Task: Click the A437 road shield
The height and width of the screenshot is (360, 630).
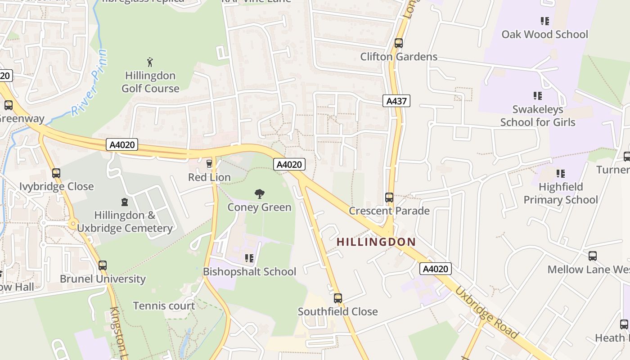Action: tap(396, 101)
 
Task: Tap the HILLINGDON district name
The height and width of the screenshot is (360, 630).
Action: tap(376, 242)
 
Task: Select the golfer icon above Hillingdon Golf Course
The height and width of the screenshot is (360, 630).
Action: tap(150, 62)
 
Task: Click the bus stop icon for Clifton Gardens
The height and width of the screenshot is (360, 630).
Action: tap(398, 43)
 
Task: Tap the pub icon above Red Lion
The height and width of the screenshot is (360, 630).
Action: tap(209, 163)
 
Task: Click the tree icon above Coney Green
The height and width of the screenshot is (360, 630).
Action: tap(259, 194)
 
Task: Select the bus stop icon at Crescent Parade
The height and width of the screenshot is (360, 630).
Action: tap(389, 198)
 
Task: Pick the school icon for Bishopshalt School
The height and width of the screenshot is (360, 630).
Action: tap(249, 258)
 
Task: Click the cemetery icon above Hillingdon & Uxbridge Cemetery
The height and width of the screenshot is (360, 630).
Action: tap(125, 202)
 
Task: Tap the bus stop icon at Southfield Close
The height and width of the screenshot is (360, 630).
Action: tap(338, 298)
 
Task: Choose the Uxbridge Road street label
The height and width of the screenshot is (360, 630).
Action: tap(486, 312)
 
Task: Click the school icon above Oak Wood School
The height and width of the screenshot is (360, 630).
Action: tap(545, 21)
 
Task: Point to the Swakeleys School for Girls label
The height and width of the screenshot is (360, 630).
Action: tap(538, 116)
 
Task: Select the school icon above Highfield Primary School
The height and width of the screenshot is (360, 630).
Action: tap(560, 173)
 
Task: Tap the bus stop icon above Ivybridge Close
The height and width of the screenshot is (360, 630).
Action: tap(56, 173)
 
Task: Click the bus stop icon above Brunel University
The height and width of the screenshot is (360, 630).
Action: tap(103, 265)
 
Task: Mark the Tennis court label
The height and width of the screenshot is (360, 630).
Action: tap(164, 306)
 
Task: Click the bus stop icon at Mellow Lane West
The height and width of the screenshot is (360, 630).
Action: tap(593, 256)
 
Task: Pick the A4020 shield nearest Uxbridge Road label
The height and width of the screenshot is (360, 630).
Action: tap(435, 269)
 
